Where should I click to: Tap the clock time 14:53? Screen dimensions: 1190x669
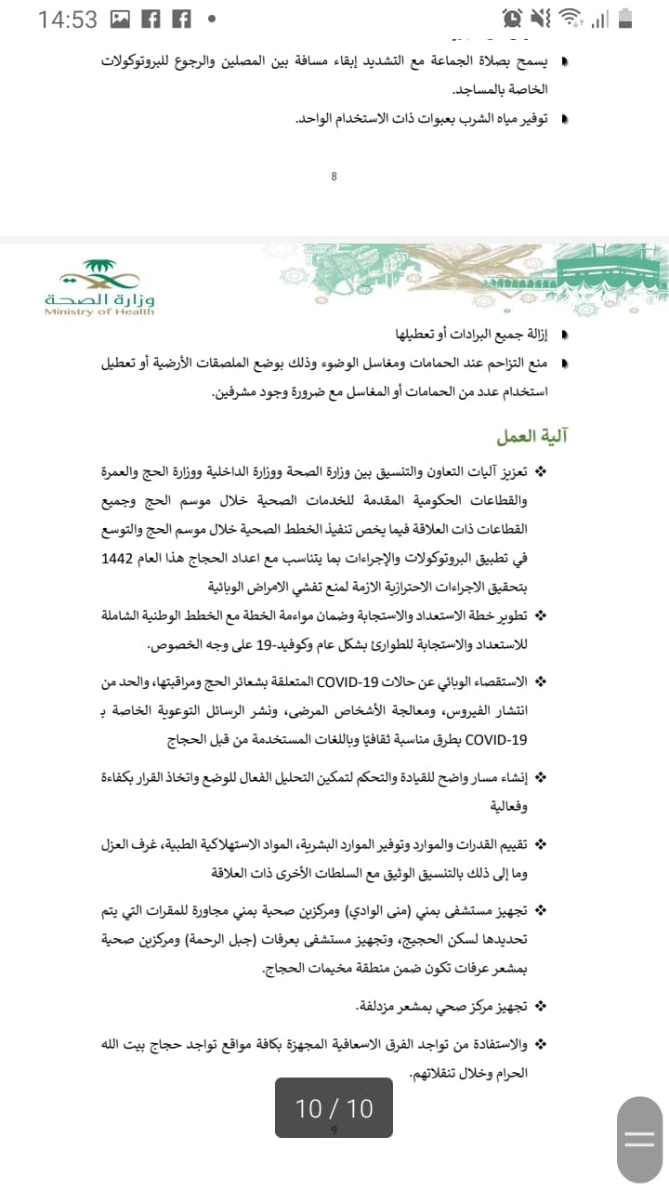click(67, 19)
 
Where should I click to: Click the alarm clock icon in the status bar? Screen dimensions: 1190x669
click(511, 18)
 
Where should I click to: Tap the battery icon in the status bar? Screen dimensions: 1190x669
click(625, 18)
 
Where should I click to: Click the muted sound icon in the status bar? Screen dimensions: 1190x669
click(541, 18)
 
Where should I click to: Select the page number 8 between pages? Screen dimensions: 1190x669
click(334, 177)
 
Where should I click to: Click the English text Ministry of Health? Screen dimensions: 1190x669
click(99, 312)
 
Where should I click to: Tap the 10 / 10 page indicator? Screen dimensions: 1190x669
click(334, 1107)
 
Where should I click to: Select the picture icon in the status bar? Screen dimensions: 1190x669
click(121, 19)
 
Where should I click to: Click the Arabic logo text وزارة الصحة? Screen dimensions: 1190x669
click(99, 298)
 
